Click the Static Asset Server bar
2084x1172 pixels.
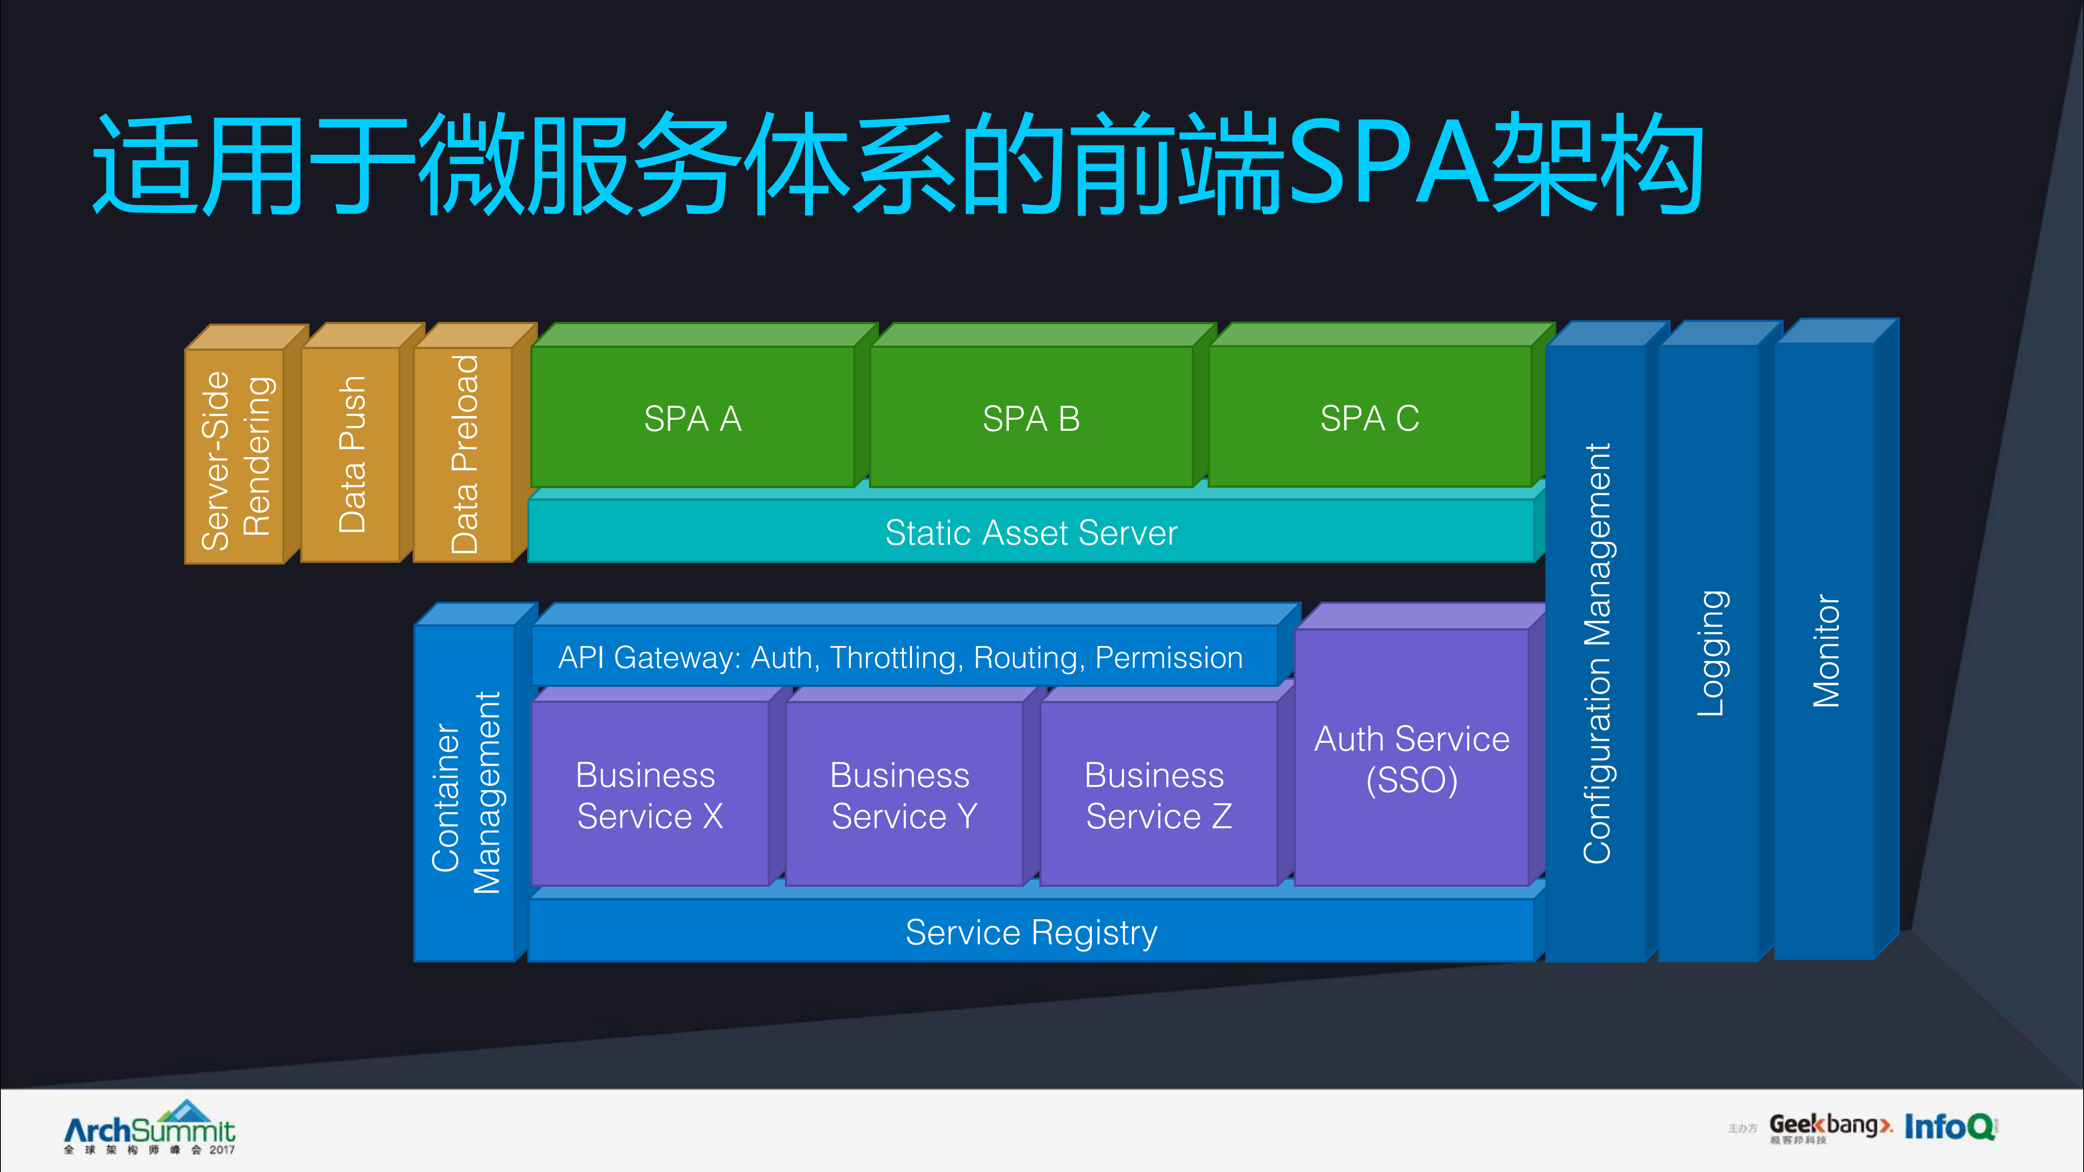pos(1031,532)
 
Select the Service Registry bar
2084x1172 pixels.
pos(1031,932)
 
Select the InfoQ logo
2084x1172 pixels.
pos(1950,1126)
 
